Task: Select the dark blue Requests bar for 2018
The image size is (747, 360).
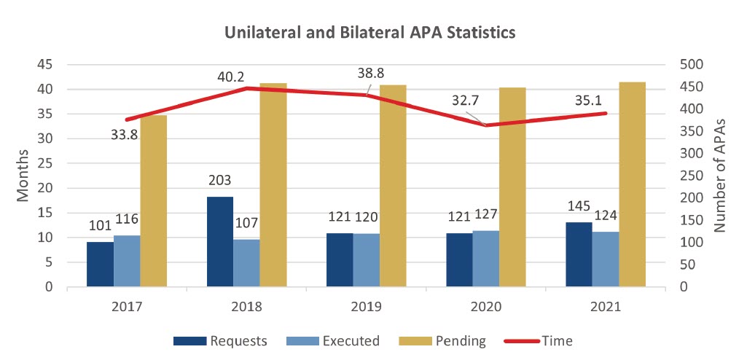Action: tap(220, 241)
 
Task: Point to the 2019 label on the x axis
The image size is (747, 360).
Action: tap(367, 306)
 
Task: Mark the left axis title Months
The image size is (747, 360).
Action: tap(23, 176)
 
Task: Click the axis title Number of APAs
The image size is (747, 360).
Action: tap(721, 176)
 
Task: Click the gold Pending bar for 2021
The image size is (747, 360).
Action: tap(632, 184)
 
